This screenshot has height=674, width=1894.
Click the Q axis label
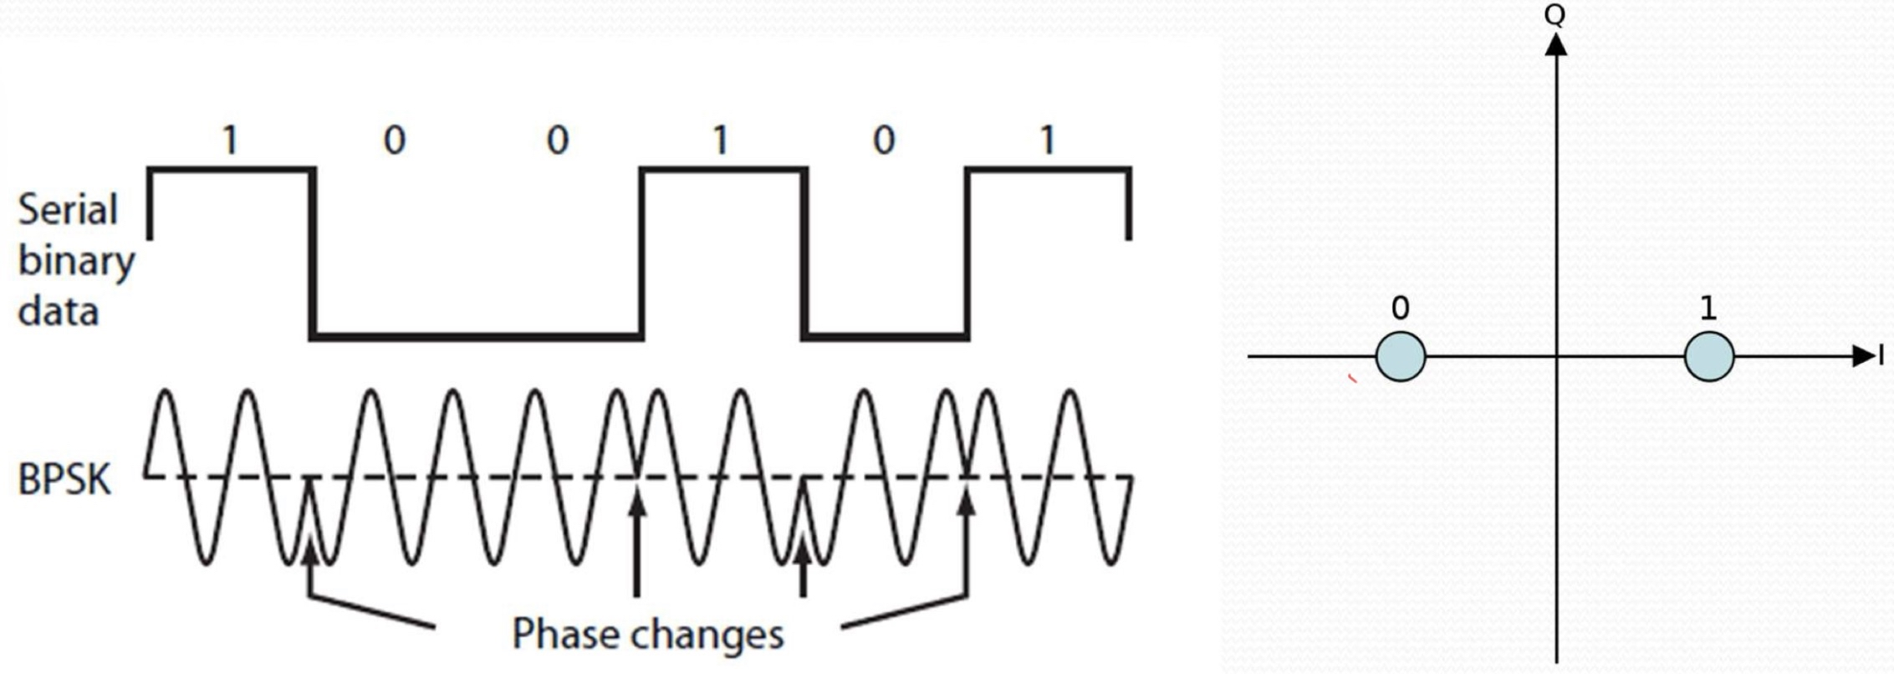(1555, 15)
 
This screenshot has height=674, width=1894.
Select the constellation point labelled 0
(1400, 357)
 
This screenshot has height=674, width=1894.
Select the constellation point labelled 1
(1708, 357)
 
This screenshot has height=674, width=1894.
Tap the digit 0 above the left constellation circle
(1400, 309)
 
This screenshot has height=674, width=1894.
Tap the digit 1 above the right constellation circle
(1708, 309)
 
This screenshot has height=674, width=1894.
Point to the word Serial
(68, 210)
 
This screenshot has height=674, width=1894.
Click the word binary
(76, 262)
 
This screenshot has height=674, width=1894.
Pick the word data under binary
(59, 312)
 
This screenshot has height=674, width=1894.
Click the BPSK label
(64, 480)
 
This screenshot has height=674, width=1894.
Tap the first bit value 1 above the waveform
(230, 140)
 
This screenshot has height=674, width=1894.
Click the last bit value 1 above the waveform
(1047, 140)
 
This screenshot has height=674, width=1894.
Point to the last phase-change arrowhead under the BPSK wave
(967, 502)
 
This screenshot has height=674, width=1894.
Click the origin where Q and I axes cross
(1555, 357)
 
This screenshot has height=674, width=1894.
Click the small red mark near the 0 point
(1351, 379)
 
